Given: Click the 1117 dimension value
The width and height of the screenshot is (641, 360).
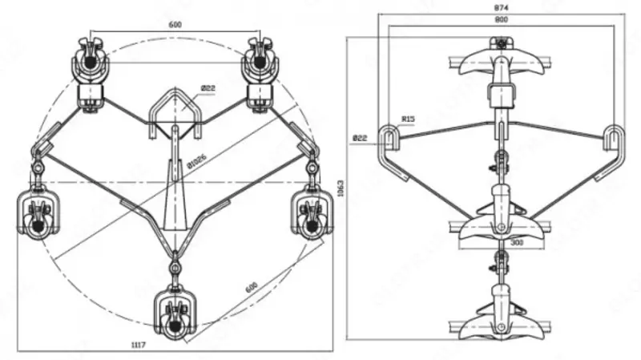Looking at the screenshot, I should pyautogui.click(x=139, y=343).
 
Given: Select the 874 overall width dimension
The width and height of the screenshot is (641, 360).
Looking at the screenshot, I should pyautogui.click(x=501, y=8).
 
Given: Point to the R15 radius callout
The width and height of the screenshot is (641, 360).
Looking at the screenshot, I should pyautogui.click(x=408, y=120).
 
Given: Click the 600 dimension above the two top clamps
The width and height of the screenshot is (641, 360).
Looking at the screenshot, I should pyautogui.click(x=175, y=25).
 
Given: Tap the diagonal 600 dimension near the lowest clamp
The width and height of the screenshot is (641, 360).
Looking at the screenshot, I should pyautogui.click(x=252, y=286).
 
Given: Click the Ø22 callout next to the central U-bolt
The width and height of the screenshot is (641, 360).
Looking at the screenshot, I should pyautogui.click(x=208, y=88).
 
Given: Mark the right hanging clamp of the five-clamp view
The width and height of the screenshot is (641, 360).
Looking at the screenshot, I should pyautogui.click(x=309, y=213).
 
